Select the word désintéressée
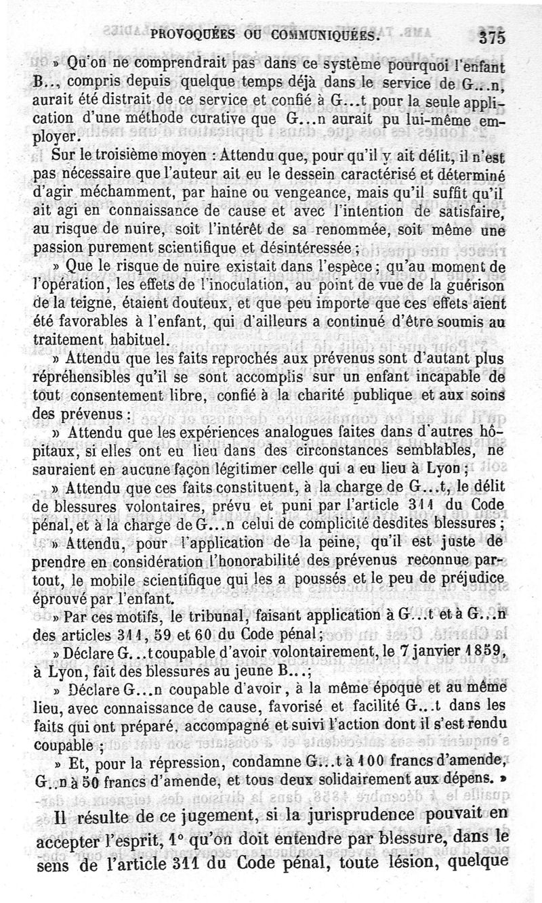317,247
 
